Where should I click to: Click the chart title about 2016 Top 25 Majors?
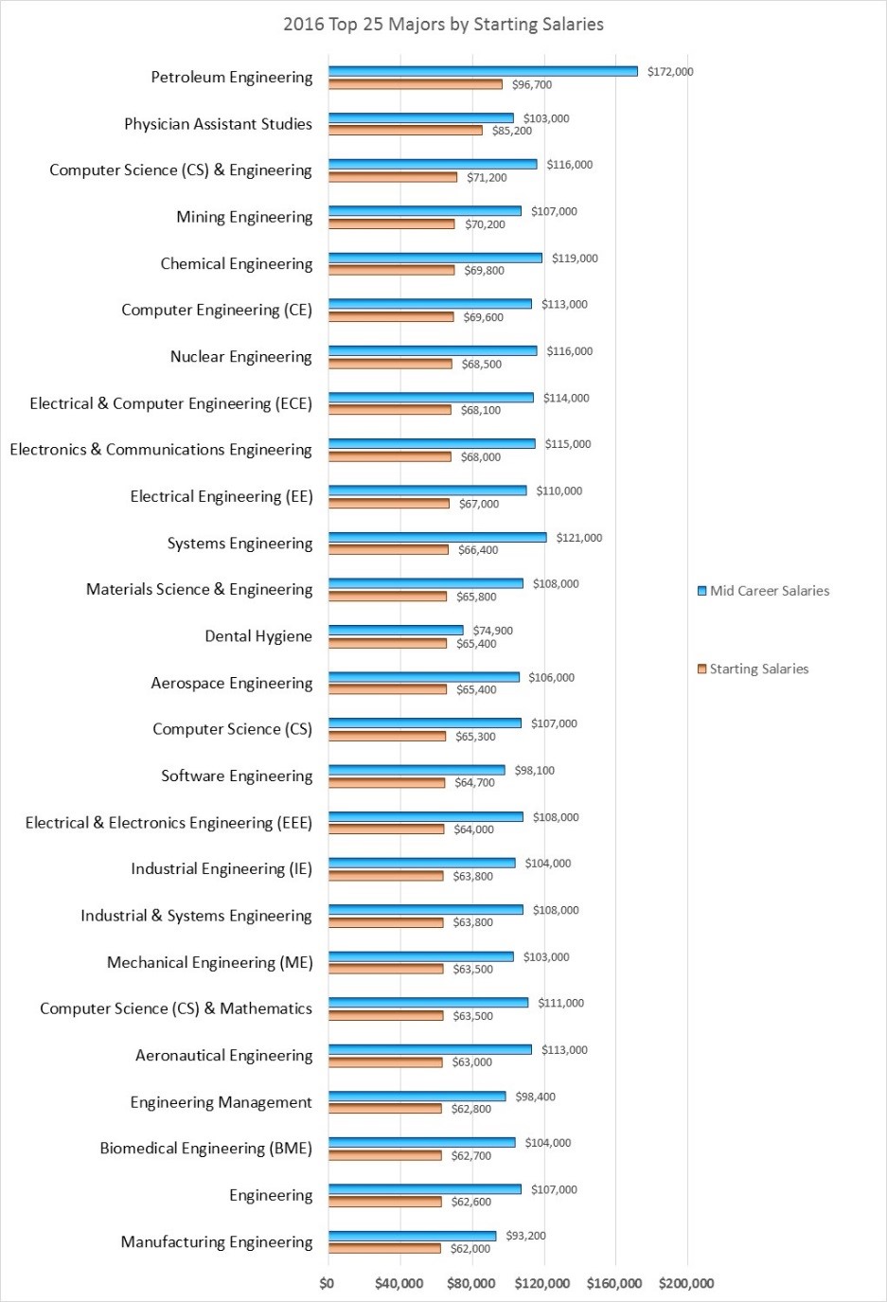click(443, 25)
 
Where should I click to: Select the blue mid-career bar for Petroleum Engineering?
click(483, 71)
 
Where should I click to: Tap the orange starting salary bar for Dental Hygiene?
click(387, 644)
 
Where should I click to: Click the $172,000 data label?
click(670, 72)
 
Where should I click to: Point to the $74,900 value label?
click(492, 631)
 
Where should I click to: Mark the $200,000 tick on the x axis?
click(686, 1284)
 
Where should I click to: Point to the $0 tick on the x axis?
click(327, 1284)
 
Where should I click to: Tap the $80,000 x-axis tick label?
click(470, 1284)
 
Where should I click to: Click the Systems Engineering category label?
click(239, 544)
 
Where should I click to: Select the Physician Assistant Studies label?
click(218, 124)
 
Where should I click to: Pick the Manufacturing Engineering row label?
click(216, 1242)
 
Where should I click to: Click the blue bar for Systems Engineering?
click(437, 538)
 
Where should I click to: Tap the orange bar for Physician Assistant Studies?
click(405, 131)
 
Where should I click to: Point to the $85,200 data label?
click(511, 132)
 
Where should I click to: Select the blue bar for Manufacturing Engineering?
click(412, 1236)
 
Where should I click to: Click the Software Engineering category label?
click(237, 776)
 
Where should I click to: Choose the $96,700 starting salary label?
click(531, 85)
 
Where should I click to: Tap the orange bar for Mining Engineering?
click(391, 224)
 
